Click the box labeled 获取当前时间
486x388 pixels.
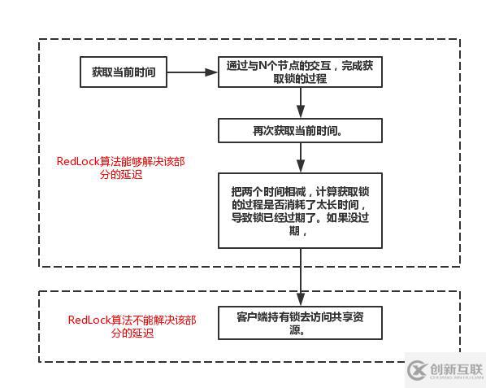click(124, 72)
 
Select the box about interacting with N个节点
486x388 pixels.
click(301, 72)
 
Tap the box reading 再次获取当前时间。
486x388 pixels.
click(301, 131)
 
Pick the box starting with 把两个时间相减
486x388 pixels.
click(301, 210)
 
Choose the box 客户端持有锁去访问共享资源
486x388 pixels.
click(301, 324)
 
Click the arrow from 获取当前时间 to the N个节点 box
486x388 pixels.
click(193, 72)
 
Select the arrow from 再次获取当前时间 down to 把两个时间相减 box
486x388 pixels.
click(301, 157)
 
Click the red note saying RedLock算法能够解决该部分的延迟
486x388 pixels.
click(121, 168)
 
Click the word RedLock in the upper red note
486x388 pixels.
click(78, 161)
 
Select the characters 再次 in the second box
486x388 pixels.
click(263, 131)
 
